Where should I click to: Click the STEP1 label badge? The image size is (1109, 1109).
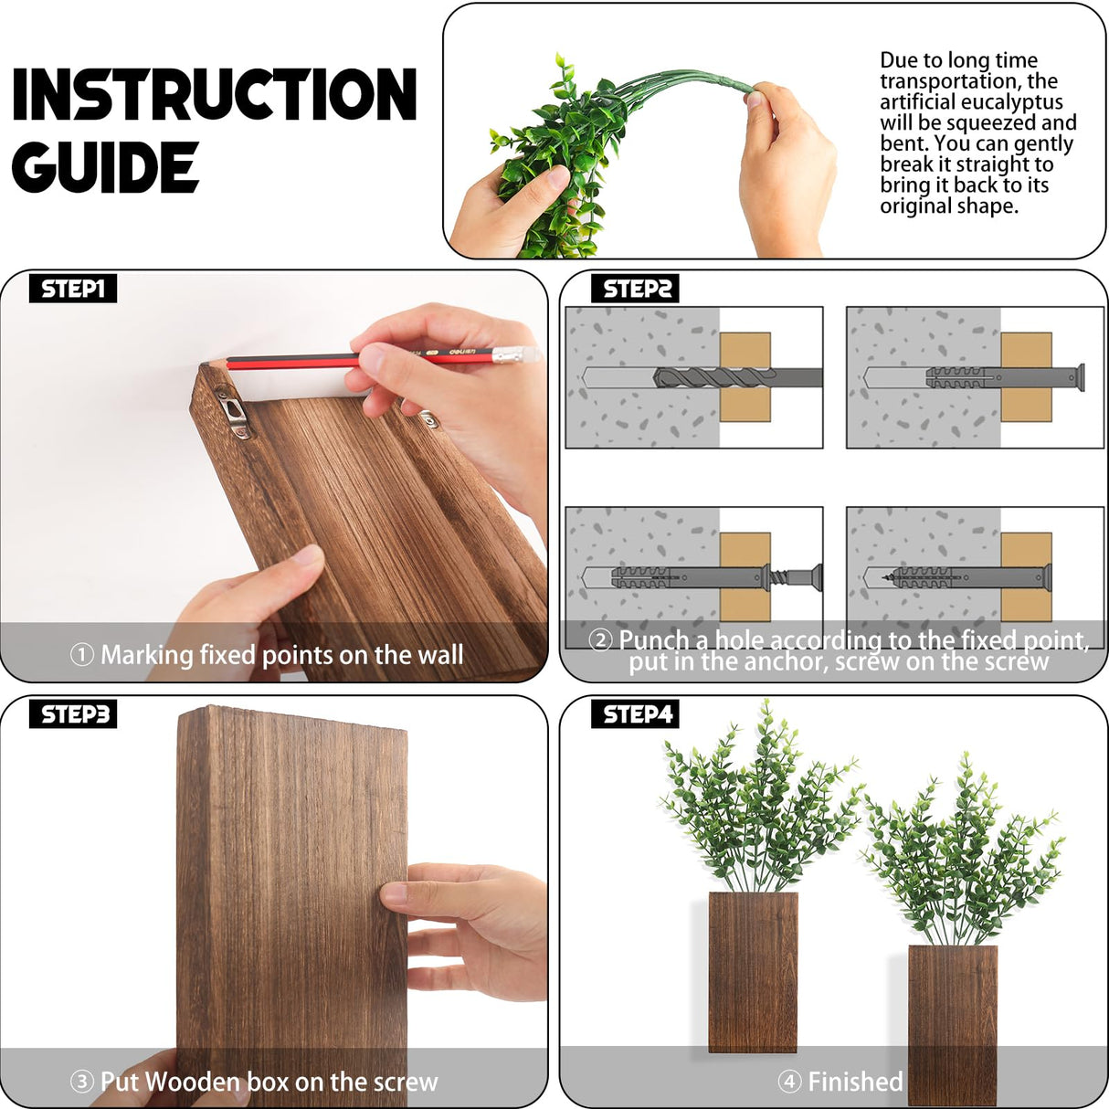[72, 289]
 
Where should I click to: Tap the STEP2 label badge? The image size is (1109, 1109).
[636, 289]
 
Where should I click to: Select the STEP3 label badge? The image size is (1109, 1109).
[74, 713]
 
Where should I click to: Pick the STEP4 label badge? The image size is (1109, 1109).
[637, 713]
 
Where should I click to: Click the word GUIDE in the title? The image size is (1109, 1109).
[104, 168]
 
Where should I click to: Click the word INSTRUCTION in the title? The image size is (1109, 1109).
[215, 94]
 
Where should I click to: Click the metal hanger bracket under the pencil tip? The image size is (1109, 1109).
[232, 411]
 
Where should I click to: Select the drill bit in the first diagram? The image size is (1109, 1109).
[722, 376]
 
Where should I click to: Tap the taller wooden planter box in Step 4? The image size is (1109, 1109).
[753, 973]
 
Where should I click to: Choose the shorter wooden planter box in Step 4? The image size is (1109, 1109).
[952, 1023]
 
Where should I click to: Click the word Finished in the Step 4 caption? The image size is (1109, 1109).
[855, 1082]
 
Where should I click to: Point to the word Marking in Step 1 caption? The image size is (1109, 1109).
[147, 655]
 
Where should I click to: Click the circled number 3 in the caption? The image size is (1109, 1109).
[82, 1082]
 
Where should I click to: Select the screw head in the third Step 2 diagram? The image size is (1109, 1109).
[812, 576]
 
